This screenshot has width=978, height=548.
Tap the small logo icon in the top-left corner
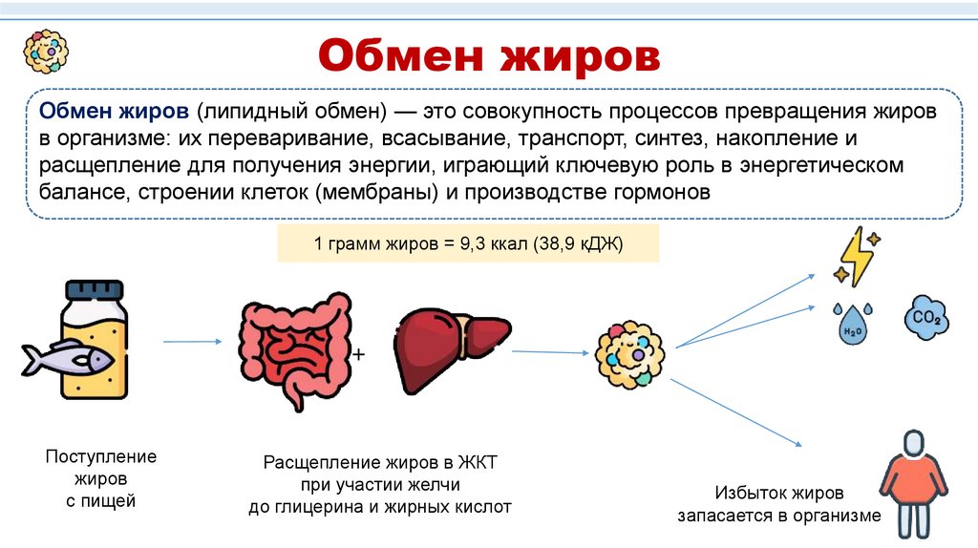(x=46, y=51)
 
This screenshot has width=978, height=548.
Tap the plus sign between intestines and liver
(x=359, y=354)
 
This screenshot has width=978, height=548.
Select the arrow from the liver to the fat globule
(x=550, y=352)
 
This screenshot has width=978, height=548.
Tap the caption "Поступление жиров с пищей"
(x=101, y=478)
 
